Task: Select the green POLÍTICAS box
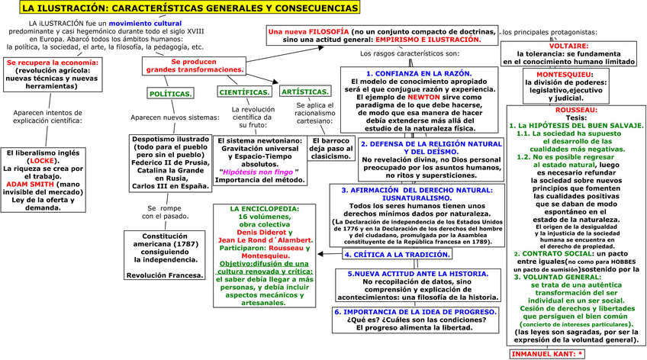click(170, 93)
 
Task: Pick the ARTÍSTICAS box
click(299, 92)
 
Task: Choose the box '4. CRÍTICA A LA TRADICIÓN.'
click(389, 254)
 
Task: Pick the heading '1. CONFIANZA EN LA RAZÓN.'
click(419, 72)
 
